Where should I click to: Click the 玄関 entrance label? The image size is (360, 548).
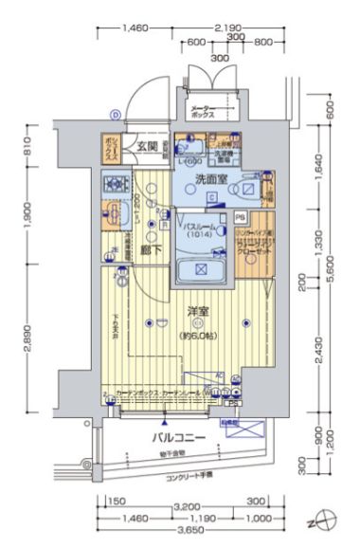145,147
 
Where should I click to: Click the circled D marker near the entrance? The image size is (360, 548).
115,115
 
